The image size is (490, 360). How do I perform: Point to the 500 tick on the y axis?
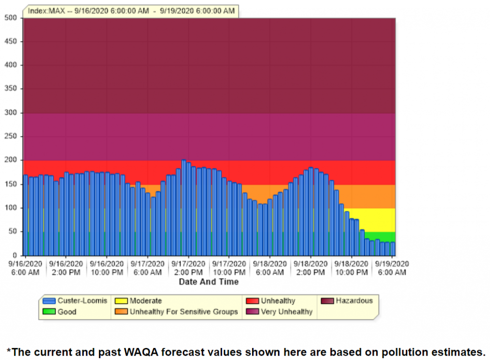click(x=11, y=18)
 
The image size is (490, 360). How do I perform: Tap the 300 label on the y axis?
click(x=11, y=113)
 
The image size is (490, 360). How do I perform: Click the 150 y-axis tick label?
click(x=11, y=184)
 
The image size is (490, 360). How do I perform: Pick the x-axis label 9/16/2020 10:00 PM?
click(x=107, y=268)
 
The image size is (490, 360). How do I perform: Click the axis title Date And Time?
click(x=209, y=282)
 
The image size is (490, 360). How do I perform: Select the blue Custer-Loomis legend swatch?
click(x=49, y=301)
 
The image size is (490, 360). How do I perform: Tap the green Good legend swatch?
click(x=49, y=312)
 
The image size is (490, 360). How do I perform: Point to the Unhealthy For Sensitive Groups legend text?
click(x=184, y=312)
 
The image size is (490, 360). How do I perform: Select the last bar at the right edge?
click(x=393, y=249)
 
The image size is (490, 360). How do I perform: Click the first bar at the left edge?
click(x=25, y=215)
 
